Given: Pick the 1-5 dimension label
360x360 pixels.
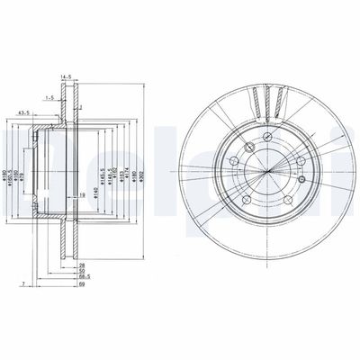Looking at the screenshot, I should [51, 97].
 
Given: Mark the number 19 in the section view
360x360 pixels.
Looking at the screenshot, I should [82, 194].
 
